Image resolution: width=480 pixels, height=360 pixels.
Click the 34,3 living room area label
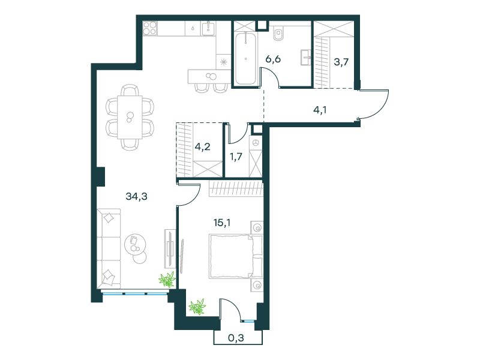pos(137,196)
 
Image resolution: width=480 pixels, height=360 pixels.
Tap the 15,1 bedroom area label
pos(222,223)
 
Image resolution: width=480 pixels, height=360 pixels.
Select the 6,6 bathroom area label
pos(273,59)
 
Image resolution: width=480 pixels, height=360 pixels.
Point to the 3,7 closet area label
pos(341,62)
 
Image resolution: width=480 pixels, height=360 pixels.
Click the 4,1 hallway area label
pos(320,110)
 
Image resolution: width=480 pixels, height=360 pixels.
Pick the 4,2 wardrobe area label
pos(203,146)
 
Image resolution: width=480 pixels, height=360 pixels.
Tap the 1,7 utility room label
pos(236,157)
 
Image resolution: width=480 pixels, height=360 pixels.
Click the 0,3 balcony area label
pos(236,338)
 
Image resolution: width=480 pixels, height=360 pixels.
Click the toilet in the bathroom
pos(278,34)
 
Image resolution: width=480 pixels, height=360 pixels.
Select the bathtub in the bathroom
pos(245,58)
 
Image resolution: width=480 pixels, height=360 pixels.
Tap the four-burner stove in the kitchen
pos(150,28)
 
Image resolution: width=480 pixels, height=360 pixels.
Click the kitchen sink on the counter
pos(208,28)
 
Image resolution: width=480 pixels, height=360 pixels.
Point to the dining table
pos(130,117)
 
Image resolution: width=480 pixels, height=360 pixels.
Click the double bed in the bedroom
pos(236,257)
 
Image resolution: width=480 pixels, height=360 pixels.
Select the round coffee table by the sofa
pos(136,244)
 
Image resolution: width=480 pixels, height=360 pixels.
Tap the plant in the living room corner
pos(167,279)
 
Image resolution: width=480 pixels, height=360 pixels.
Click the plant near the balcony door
pos(197,307)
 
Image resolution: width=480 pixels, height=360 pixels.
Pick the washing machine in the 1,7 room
pos(256,143)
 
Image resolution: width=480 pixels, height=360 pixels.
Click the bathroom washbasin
pos(305,57)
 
